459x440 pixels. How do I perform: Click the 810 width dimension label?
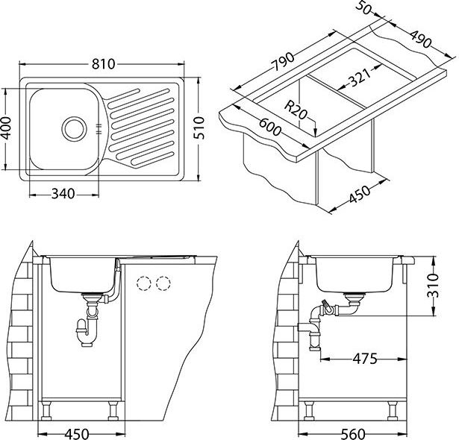103,64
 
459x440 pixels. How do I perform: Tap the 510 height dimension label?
199,128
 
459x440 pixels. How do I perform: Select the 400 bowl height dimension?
5,128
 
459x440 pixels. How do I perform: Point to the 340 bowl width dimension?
63,194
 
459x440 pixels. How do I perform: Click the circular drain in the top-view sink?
75,128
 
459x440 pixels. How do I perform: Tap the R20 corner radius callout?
296,110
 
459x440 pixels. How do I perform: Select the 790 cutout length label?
283,62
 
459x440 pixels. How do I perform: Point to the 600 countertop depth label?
270,127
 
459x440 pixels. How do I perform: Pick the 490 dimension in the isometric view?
421,39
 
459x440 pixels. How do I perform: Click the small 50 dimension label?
363,7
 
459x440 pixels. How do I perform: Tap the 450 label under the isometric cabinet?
360,194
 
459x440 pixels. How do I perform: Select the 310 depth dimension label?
433,286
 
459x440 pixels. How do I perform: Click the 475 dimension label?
365,359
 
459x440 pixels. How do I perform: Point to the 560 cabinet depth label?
353,434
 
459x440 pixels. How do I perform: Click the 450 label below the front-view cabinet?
77,434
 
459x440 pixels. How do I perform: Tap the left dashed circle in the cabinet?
143,283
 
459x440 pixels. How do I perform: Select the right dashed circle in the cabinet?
163,283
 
